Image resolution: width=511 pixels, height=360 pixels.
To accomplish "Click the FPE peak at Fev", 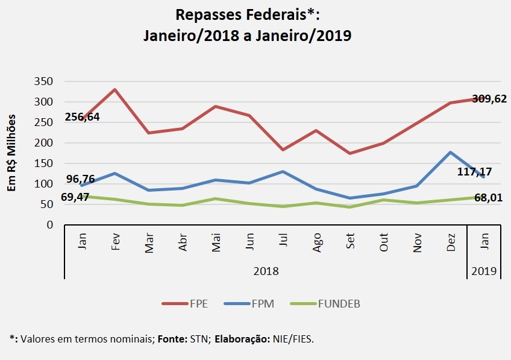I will coord(114,90).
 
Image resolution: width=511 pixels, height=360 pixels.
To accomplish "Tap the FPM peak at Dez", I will coord(450,153).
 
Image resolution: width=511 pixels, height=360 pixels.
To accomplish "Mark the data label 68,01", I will coord(489,197).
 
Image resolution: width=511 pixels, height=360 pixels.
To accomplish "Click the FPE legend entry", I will coord(186,303).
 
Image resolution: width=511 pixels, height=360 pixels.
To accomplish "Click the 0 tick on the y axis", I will coord(51,225).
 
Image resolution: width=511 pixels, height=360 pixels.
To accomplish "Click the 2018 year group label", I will coord(266,271).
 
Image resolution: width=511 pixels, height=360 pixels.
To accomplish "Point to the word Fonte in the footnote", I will coord(172,339).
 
